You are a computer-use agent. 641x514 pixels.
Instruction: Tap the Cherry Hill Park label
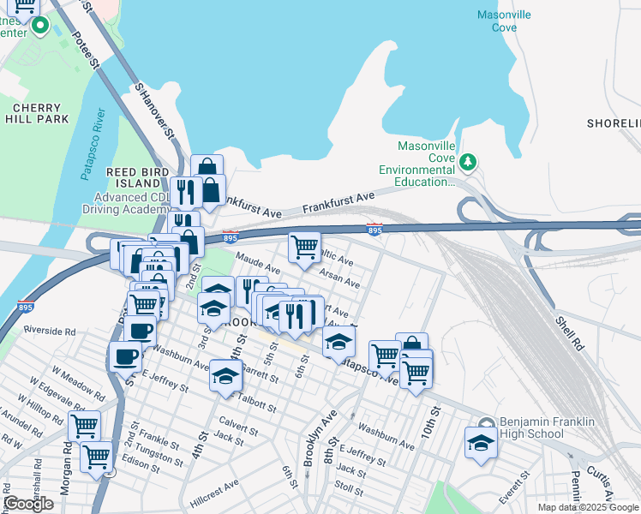(35, 113)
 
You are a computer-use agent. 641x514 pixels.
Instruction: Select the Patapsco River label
(93, 144)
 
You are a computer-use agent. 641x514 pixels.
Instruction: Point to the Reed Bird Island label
(134, 177)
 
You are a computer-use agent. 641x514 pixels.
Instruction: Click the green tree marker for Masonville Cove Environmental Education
(468, 161)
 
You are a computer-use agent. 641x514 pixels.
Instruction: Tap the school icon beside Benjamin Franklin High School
(481, 443)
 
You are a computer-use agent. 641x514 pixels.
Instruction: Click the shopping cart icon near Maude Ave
(304, 247)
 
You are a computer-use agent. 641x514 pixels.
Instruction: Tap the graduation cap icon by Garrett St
(226, 375)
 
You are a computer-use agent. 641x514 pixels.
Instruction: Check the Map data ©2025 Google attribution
(588, 507)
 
